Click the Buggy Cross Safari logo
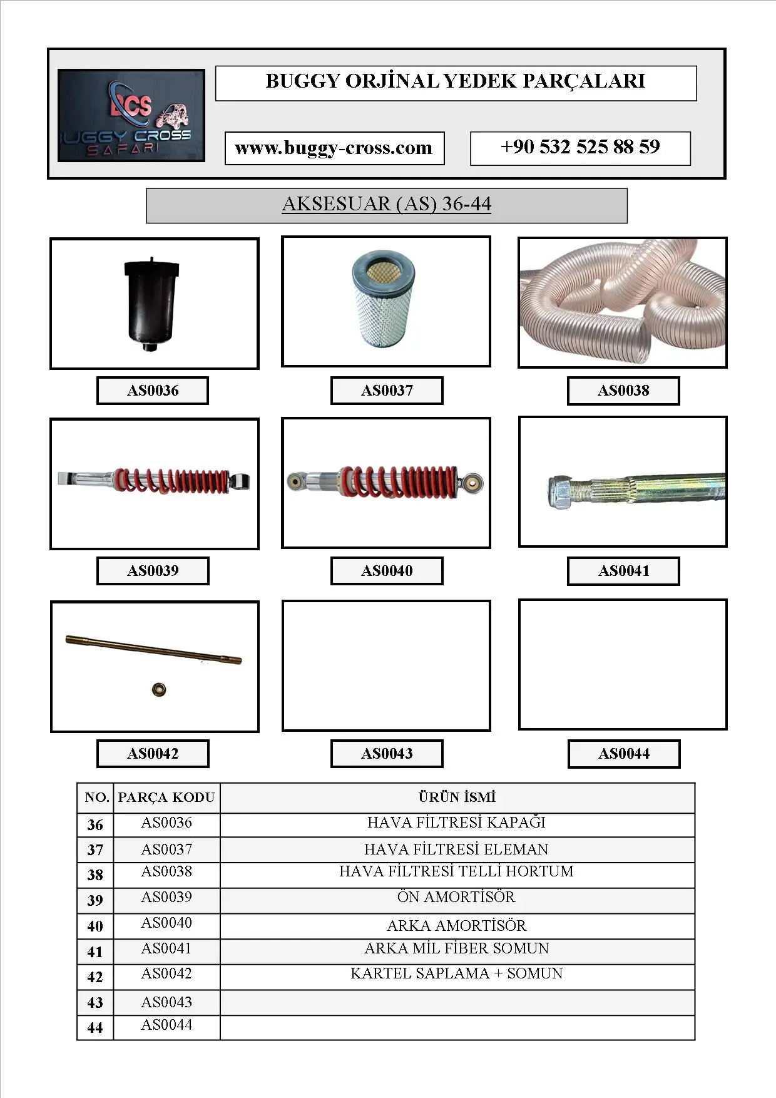coord(131,116)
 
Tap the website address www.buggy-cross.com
coord(334,148)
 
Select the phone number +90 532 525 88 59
coord(580,148)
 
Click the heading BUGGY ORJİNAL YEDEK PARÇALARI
coord(456,82)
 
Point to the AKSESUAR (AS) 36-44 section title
coord(386,205)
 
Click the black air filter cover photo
coord(152,304)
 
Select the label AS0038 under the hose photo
coord(623,391)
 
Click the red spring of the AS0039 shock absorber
coord(172,481)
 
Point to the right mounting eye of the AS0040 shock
coord(472,483)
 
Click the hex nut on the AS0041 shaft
coord(560,493)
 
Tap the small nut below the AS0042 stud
coord(159,689)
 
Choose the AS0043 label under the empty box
coord(387,754)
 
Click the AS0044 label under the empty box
coord(624,754)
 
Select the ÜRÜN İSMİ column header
coord(457,798)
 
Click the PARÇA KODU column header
coord(166,798)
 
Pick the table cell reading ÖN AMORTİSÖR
coord(456,898)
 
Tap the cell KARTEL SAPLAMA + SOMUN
coord(456,974)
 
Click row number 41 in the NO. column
coord(95,952)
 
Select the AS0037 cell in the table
coord(166,849)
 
